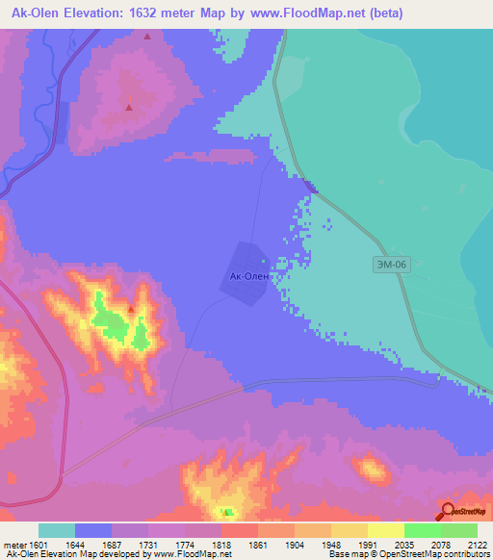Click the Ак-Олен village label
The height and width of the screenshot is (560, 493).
pos(248,276)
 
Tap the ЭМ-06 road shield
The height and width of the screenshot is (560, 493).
pos(388,263)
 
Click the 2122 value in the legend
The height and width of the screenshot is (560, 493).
pos(477,544)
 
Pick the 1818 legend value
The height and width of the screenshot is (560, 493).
pos(222,544)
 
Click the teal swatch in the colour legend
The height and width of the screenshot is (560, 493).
pos(57,530)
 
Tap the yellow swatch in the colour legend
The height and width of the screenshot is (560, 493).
pos(386,530)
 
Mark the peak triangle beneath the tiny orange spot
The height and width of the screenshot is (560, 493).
pos(129,107)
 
